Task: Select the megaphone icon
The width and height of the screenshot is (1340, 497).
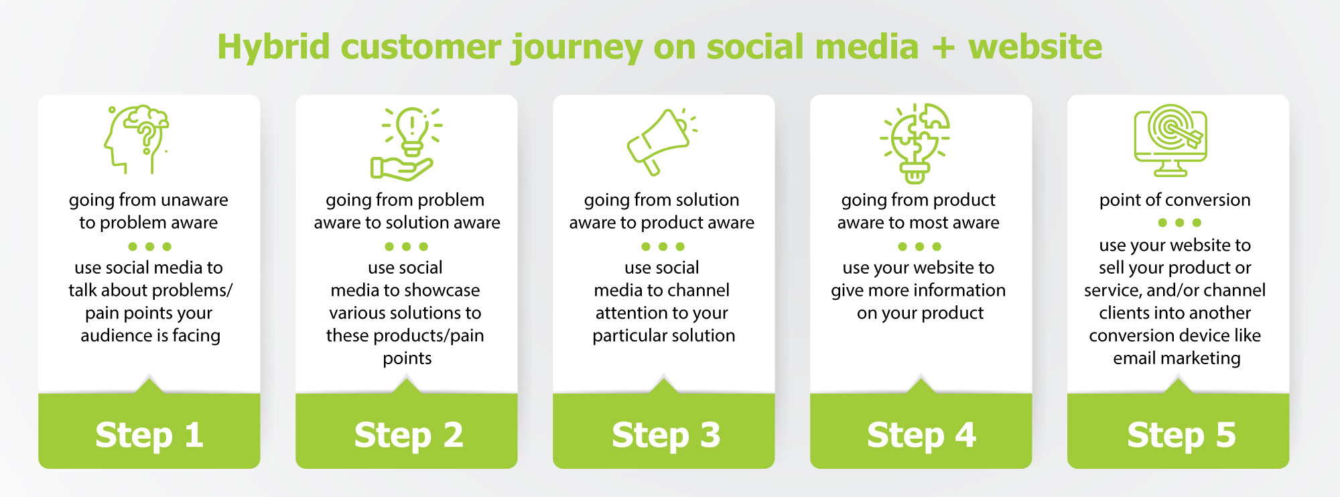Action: tap(660, 142)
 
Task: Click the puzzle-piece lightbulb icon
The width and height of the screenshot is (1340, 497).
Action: tap(915, 143)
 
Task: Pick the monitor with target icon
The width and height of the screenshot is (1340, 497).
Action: tap(1170, 140)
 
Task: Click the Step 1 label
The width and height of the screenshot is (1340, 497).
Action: tap(149, 435)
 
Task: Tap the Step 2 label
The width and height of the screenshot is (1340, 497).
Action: tap(409, 435)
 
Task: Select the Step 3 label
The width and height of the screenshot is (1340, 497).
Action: tap(666, 435)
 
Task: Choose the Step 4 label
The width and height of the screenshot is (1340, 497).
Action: tap(921, 435)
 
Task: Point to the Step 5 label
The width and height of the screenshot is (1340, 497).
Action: tap(1181, 435)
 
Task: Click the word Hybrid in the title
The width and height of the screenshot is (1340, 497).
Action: tap(273, 48)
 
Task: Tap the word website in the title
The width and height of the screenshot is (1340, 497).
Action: tap(1034, 47)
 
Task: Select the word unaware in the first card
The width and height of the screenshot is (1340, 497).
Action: tap(194, 200)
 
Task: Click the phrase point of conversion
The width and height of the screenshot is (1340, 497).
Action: tap(1175, 200)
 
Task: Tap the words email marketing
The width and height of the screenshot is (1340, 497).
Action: tap(1177, 358)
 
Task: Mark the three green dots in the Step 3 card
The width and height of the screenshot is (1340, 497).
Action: tap(663, 246)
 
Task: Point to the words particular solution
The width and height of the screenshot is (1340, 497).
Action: tap(663, 335)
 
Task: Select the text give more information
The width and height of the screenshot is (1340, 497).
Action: tap(918, 290)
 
